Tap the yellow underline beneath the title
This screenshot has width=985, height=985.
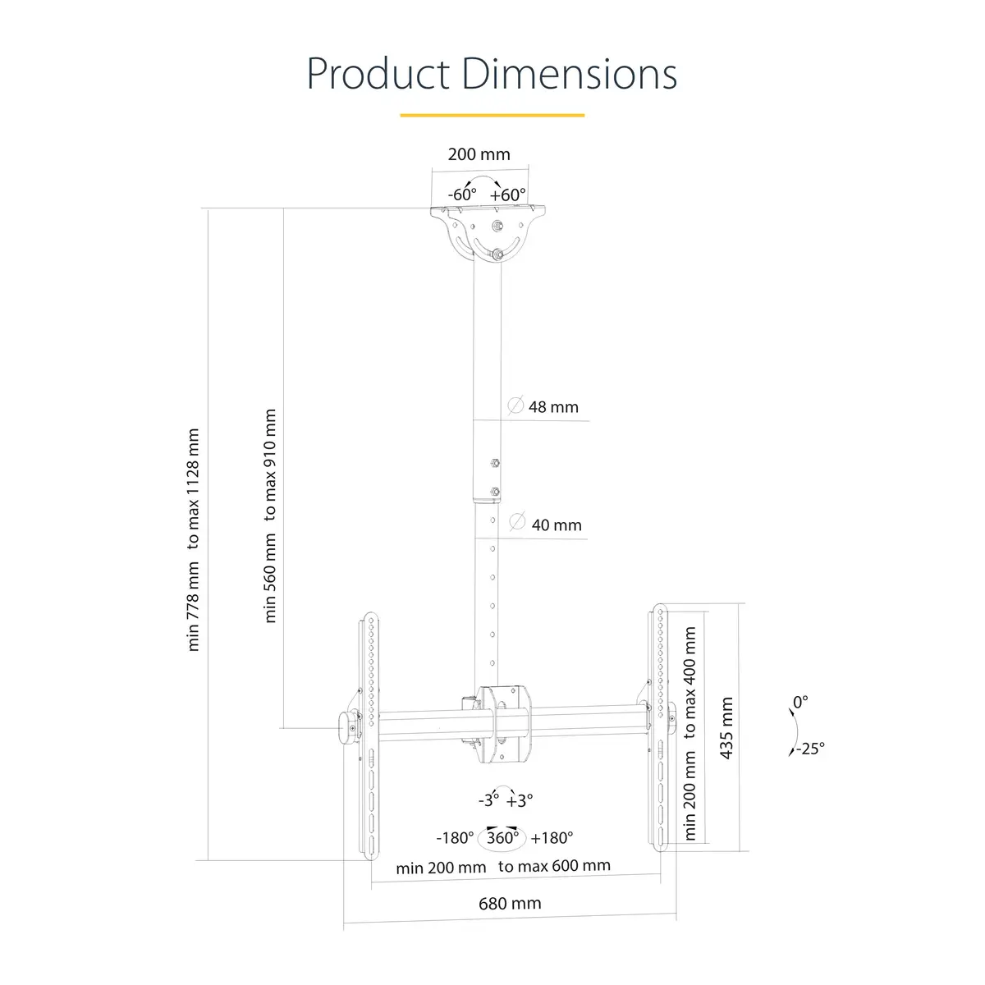[x=492, y=116]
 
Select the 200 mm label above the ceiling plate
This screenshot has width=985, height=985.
[x=479, y=154]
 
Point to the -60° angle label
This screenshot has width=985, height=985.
[x=462, y=195]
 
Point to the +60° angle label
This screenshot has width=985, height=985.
[x=508, y=195]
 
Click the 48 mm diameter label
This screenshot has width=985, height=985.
[x=552, y=406]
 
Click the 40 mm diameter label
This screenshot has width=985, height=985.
[x=556, y=525]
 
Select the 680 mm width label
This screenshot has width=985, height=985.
[x=510, y=904]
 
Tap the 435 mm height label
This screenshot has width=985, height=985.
[x=726, y=728]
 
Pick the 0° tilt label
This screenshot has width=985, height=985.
[x=800, y=702]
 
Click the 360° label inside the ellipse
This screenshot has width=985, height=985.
[x=502, y=838]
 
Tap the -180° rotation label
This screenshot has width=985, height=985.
[x=456, y=838]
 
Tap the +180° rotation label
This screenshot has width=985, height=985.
[x=552, y=838]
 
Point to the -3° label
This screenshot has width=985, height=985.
[x=488, y=800]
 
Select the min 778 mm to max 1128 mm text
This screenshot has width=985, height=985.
[x=194, y=539]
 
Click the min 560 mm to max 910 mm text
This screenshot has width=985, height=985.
[x=271, y=516]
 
